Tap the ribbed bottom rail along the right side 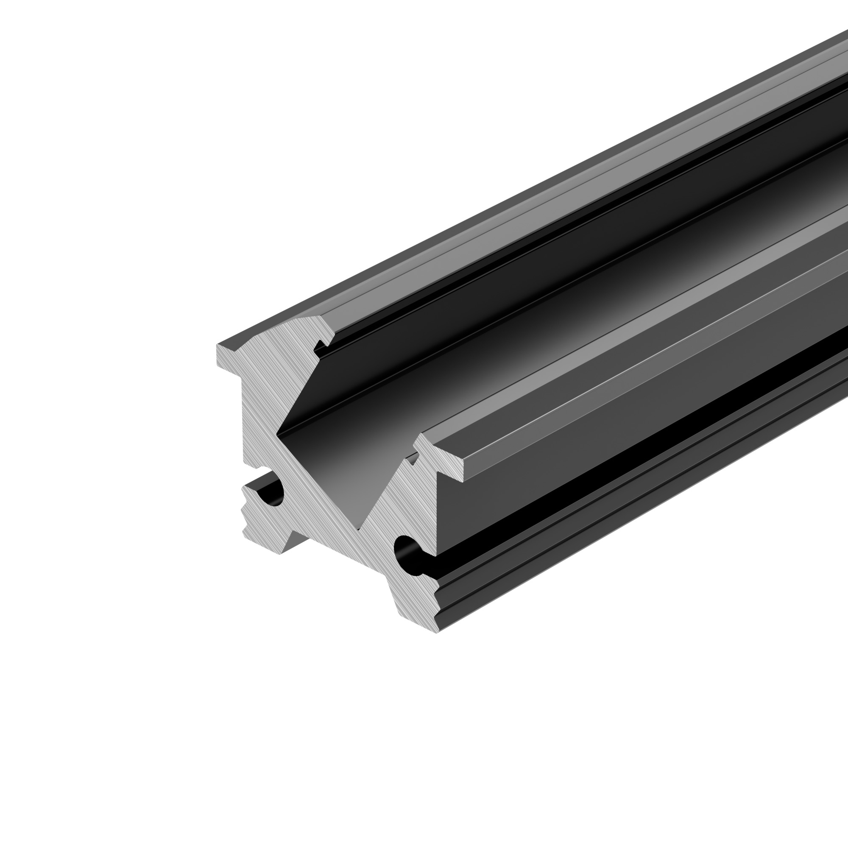(x=614, y=540)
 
